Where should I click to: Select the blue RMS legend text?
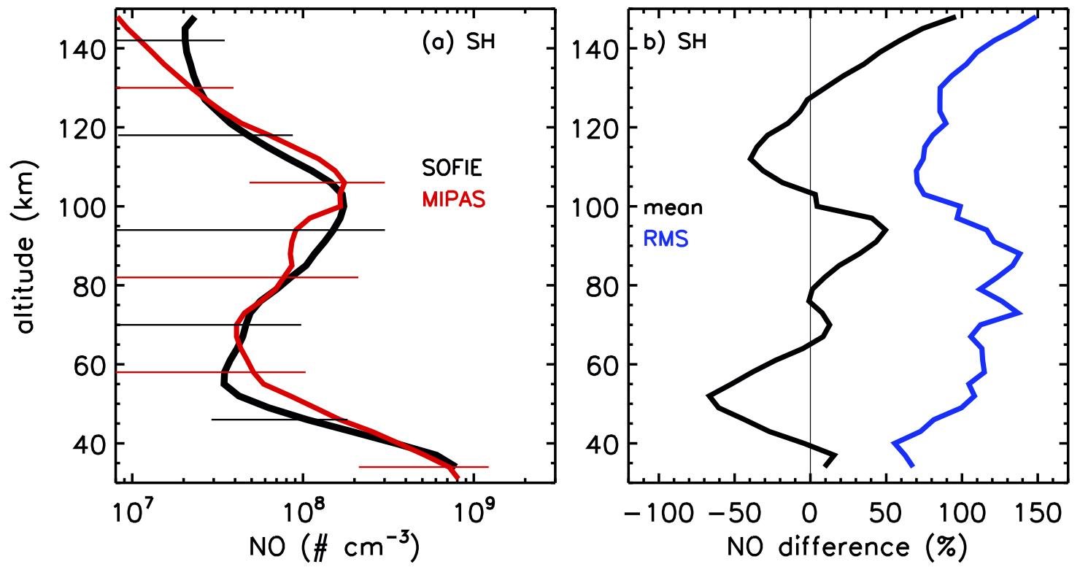(664, 239)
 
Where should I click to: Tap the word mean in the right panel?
(672, 208)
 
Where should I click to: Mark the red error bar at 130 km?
(175, 88)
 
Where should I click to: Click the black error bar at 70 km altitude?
(208, 325)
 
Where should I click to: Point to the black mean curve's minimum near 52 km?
(709, 396)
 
